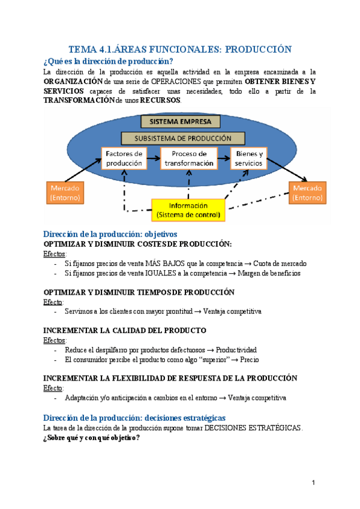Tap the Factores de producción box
[124, 158]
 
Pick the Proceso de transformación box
[189, 158]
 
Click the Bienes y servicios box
[252, 158]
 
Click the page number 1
[313, 483]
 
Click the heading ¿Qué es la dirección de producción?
[109, 61]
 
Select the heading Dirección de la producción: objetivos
[110, 233]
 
